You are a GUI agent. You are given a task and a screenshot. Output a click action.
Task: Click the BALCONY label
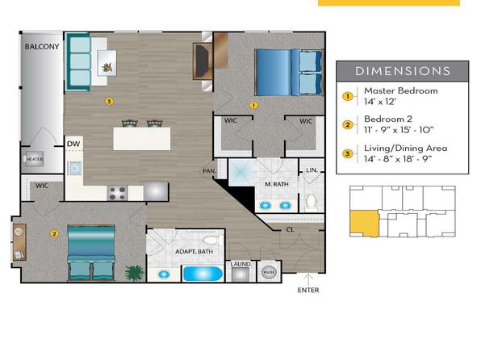click(42, 47)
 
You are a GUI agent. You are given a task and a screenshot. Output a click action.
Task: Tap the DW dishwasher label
click(73, 144)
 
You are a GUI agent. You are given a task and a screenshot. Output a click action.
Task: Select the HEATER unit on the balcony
click(35, 159)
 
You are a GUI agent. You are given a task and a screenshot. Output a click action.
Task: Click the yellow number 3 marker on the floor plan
click(109, 101)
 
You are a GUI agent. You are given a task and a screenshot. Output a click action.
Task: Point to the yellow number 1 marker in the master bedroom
click(253, 105)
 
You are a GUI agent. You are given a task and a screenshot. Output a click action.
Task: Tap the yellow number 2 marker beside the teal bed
click(54, 234)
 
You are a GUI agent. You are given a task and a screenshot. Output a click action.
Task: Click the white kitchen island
click(142, 139)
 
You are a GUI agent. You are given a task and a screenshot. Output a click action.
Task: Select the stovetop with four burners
click(117, 193)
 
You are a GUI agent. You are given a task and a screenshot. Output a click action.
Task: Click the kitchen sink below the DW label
click(74, 168)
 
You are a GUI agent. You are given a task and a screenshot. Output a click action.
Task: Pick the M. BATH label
click(277, 184)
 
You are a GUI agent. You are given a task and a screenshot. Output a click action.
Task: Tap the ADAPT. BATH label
click(194, 252)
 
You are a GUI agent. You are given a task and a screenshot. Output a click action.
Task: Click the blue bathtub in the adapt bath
click(203, 274)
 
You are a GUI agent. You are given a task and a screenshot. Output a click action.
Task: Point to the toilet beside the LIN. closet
click(311, 202)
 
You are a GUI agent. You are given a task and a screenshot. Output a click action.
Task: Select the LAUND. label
click(241, 264)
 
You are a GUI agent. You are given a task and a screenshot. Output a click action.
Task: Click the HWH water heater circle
click(269, 272)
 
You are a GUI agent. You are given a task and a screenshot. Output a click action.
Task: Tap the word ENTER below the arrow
click(308, 290)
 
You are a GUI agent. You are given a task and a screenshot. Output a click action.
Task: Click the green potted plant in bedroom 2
click(134, 273)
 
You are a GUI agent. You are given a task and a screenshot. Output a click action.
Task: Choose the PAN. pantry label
click(210, 171)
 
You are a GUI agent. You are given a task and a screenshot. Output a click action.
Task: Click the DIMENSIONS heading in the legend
click(403, 71)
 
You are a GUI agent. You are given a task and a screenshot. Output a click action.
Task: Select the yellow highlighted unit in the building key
click(365, 224)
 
